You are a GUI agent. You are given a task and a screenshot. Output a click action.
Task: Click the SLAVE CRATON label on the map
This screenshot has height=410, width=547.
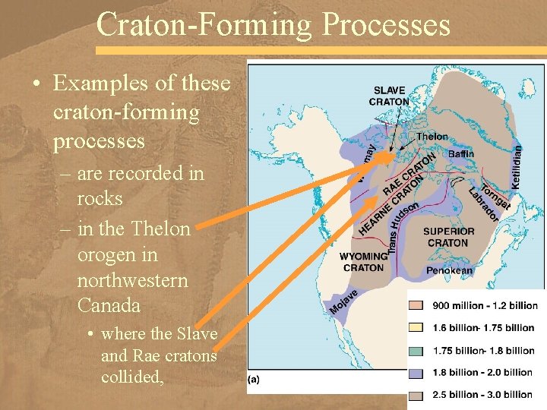click(389, 96)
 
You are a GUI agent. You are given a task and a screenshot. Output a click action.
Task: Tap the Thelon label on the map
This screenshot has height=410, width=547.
click(432, 137)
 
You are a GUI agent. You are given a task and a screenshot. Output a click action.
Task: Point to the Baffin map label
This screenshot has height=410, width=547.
click(461, 154)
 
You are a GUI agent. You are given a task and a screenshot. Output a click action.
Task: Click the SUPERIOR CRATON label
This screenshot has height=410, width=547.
click(448, 237)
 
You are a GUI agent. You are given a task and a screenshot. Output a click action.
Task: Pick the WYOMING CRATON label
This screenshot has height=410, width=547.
click(363, 262)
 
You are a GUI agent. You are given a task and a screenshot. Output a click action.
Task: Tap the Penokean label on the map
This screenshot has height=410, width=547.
click(449, 270)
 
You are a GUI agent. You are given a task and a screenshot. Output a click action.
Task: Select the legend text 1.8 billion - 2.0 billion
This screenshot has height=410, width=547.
click(482, 372)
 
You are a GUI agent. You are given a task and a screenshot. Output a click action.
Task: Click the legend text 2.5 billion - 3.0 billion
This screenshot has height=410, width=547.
click(482, 394)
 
